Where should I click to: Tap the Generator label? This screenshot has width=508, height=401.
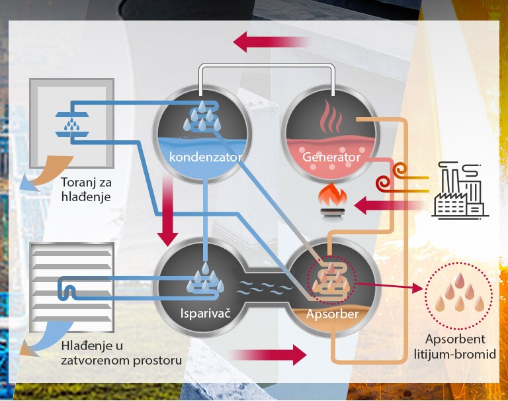point(331,157)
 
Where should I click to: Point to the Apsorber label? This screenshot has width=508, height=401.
point(332,314)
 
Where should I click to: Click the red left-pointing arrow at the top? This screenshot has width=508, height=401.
point(271,42)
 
